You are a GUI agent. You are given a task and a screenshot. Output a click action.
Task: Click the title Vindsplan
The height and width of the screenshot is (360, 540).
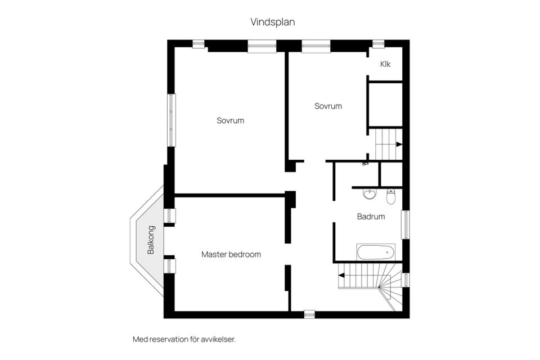[x=273, y=22]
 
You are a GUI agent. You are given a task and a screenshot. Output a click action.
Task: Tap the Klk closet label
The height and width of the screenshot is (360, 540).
[x=385, y=64]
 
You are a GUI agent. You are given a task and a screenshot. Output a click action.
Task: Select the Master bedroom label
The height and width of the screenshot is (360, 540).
[x=231, y=254]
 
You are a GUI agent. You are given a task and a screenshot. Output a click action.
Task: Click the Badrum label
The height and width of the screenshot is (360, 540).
[x=371, y=216]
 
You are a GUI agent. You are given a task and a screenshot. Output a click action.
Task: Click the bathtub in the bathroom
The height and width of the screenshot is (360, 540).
[x=376, y=251]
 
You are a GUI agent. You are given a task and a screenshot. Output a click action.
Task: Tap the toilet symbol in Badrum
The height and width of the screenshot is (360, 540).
[x=391, y=196]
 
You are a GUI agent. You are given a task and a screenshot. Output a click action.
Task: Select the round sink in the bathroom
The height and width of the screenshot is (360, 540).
[x=370, y=195]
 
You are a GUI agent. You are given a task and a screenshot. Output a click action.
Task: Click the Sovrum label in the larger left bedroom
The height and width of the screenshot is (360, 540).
[x=231, y=120]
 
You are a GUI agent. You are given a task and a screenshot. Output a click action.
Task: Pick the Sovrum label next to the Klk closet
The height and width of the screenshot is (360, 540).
[x=328, y=106]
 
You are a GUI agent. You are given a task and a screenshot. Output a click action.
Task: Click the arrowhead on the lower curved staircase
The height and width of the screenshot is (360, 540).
[x=341, y=276]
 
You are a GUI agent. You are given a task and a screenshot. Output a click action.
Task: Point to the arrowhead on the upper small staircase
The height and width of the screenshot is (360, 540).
[x=399, y=145]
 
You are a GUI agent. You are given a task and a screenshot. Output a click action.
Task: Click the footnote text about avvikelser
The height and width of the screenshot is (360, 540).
[x=184, y=339]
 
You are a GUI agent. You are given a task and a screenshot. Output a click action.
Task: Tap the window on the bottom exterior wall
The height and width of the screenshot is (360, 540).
[x=309, y=314]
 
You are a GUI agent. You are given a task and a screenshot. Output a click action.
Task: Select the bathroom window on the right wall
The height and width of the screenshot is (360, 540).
[x=405, y=224]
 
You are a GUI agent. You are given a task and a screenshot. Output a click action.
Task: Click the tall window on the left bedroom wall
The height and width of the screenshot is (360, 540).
[x=170, y=120]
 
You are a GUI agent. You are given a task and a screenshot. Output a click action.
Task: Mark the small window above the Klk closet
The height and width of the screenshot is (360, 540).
[x=378, y=43]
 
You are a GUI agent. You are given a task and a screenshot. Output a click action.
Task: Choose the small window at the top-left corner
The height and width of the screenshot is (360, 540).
[x=198, y=43]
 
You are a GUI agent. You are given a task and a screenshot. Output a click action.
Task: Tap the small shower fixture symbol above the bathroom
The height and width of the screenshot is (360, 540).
[x=365, y=164]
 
